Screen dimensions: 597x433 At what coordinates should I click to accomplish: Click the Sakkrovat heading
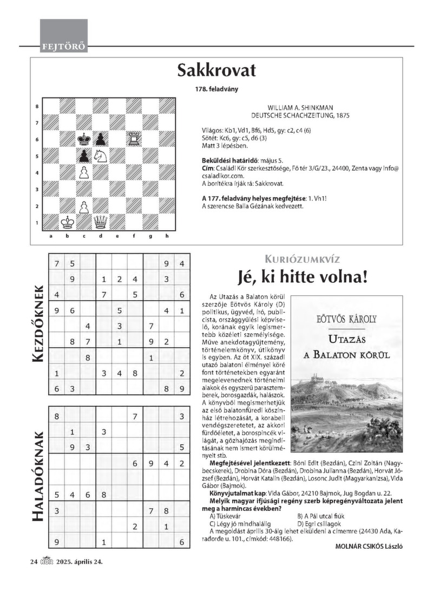click(216, 71)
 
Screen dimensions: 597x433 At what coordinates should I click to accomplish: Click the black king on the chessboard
click(84, 139)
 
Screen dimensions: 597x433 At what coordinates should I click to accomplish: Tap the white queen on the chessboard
click(101, 222)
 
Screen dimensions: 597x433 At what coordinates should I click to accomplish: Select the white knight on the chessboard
click(101, 156)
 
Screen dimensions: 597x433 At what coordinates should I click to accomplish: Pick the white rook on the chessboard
click(134, 139)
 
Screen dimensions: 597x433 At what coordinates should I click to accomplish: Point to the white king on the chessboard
click(68, 222)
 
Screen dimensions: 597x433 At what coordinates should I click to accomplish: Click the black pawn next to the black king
click(101, 139)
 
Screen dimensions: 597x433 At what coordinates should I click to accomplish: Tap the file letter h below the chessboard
click(167, 236)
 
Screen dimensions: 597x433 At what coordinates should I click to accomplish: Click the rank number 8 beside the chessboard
click(37, 107)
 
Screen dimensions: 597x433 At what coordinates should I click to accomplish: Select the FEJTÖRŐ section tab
click(64, 47)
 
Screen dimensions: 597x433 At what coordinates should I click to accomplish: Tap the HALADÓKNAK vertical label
click(36, 476)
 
